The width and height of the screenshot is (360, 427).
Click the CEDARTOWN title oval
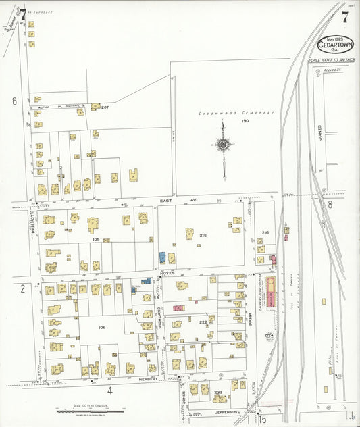coord(337,44)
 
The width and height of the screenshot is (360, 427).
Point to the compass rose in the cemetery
coord(223,143)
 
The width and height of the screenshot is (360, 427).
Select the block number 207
coord(105,107)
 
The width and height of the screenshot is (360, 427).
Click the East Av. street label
coord(168,201)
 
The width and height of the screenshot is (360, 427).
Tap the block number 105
coord(96,239)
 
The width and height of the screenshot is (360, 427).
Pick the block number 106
coord(102,327)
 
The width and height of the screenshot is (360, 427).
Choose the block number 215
coord(203,235)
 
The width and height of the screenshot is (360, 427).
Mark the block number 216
coord(265,233)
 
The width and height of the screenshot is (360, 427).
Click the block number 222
coord(203,324)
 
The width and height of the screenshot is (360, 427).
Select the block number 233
coord(217,393)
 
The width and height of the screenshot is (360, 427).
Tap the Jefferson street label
coord(228,411)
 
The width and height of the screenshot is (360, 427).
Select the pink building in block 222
coord(178,308)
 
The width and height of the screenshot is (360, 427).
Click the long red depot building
coord(272,292)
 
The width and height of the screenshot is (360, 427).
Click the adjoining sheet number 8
coord(330,203)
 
